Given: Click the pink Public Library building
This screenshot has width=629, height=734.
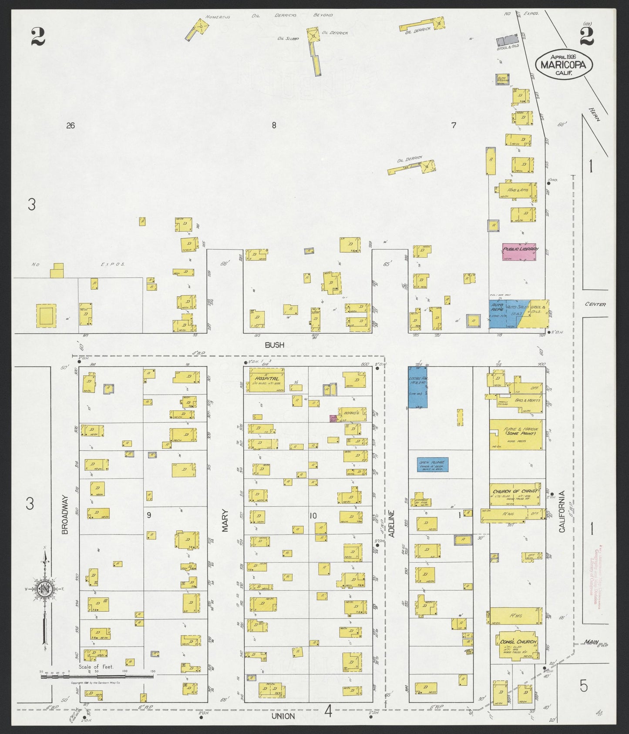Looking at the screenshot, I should click(519, 252).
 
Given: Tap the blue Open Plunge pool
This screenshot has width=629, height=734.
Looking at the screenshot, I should click(433, 465).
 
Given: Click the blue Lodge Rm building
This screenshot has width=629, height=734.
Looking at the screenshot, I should click(417, 387).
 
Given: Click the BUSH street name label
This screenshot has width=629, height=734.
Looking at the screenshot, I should click(274, 345).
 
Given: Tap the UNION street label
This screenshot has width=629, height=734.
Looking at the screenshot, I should click(283, 716).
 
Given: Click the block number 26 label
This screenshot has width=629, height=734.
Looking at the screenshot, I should click(71, 126).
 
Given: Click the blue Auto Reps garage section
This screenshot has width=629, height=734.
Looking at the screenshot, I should click(498, 314).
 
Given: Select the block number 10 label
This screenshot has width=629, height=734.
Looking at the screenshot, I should click(313, 516).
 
